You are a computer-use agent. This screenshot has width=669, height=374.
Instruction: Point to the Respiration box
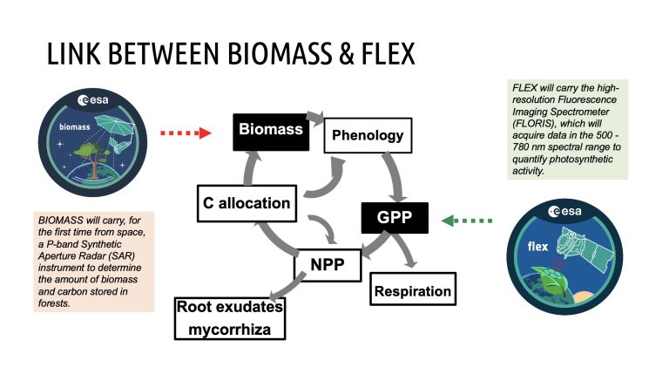[413, 290]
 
